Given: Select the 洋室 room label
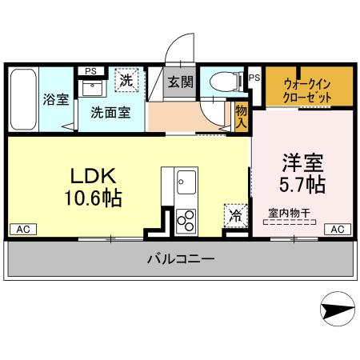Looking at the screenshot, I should (302, 162).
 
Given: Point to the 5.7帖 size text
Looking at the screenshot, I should (302, 185).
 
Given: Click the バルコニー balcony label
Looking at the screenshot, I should (180, 258).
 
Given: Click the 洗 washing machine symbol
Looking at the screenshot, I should (126, 79).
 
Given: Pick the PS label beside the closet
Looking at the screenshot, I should (254, 78).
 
